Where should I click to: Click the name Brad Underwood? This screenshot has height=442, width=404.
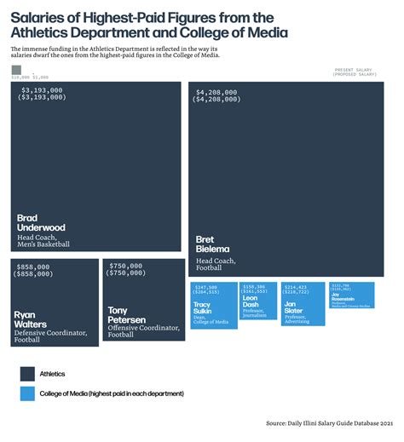(x=41, y=223)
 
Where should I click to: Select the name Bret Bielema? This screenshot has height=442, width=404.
(x=213, y=244)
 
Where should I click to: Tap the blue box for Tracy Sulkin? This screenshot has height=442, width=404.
(x=212, y=304)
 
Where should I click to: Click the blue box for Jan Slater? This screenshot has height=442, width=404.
(x=303, y=303)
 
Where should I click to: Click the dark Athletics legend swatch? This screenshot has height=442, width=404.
(x=27, y=373)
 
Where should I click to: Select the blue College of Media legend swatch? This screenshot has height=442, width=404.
(x=27, y=393)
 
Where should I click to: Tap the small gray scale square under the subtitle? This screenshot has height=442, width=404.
(x=16, y=70)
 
